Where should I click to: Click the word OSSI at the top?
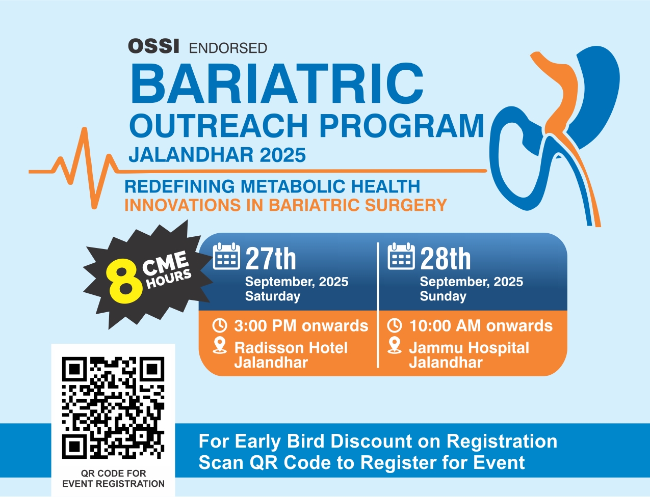pyautogui.click(x=153, y=46)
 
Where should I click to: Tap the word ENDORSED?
pyautogui.click(x=228, y=48)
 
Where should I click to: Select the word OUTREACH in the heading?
pyautogui.click(x=219, y=125)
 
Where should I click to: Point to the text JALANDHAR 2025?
pyautogui.click(x=217, y=155)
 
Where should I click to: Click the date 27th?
pyautogui.click(x=271, y=259)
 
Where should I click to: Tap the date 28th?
pyautogui.click(x=446, y=259)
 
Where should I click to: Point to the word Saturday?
pyautogui.click(x=273, y=296)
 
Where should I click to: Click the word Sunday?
pyautogui.click(x=443, y=296)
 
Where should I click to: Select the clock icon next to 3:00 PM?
pyautogui.click(x=219, y=325)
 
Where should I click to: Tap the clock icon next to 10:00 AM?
pyautogui.click(x=394, y=325)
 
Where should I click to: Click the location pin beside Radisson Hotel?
pyautogui.click(x=220, y=346)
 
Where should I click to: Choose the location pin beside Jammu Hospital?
pyautogui.click(x=395, y=346)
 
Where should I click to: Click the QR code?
pyautogui.click(x=113, y=407)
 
